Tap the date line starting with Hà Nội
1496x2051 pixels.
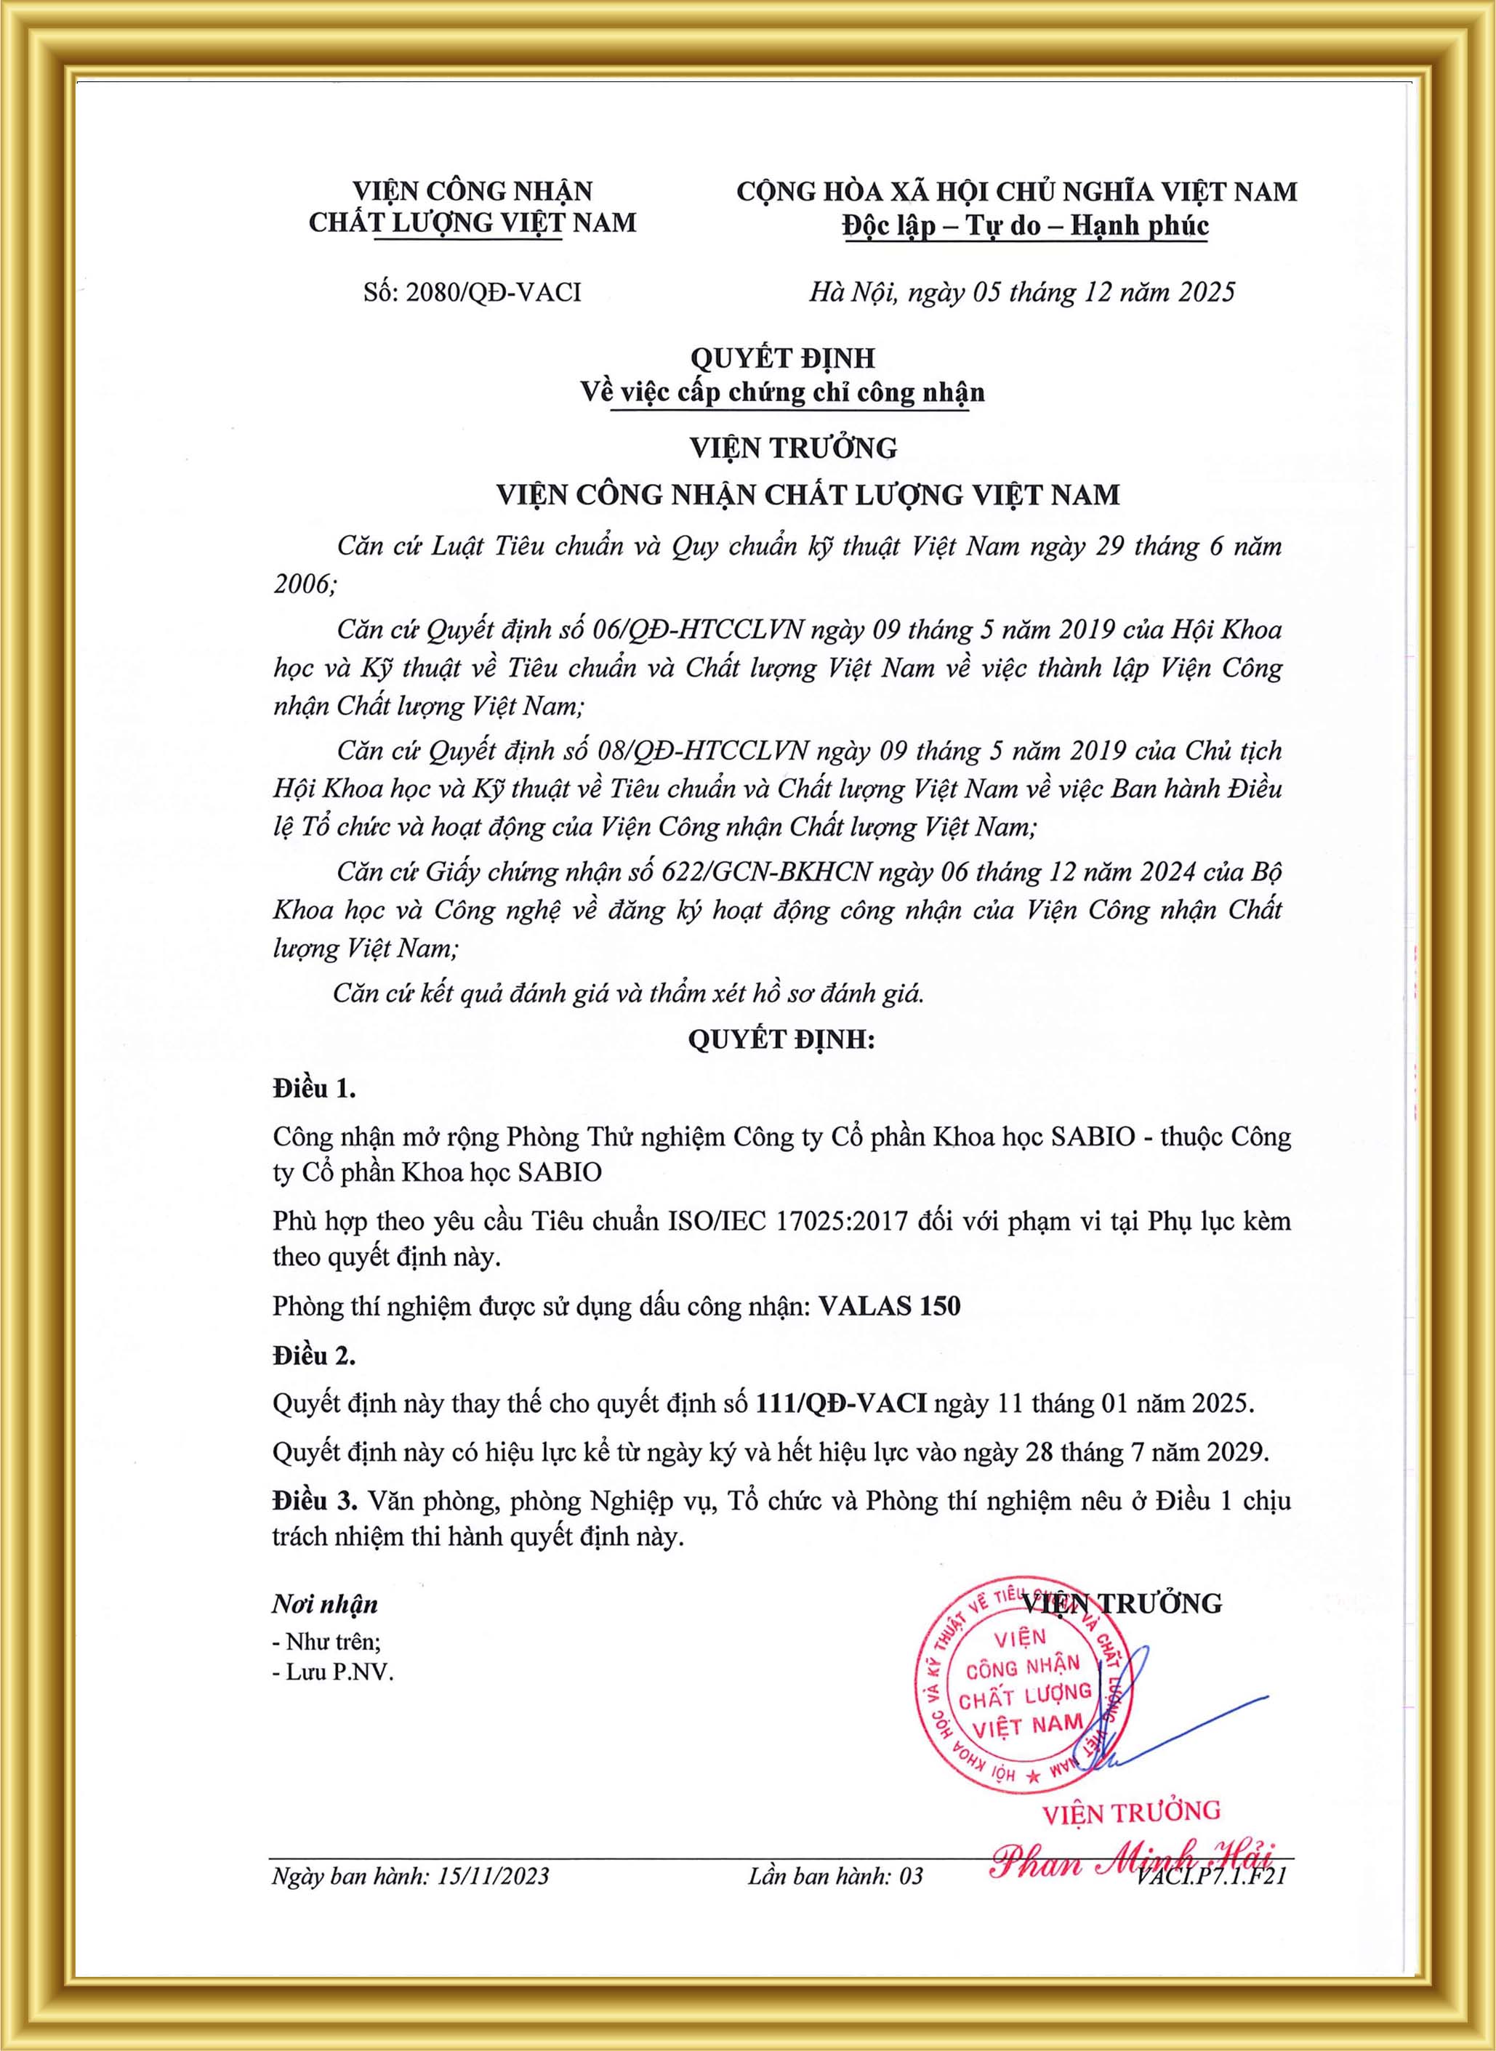click(x=1021, y=292)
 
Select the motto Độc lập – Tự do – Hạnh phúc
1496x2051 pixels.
click(x=1025, y=225)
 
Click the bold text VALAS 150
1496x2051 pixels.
click(x=888, y=1306)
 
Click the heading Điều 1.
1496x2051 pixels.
click(x=314, y=1089)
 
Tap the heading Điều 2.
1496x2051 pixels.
click(x=314, y=1355)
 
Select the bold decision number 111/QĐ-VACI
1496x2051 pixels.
click(x=840, y=1404)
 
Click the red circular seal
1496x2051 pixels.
click(x=1021, y=1694)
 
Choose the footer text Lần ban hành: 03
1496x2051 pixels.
click(x=835, y=1875)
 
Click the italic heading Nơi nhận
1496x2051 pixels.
click(x=325, y=1605)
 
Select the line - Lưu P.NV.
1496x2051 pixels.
click(x=333, y=1672)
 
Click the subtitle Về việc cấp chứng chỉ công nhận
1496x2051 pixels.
click(x=781, y=392)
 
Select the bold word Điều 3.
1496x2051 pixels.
click(x=314, y=1502)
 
